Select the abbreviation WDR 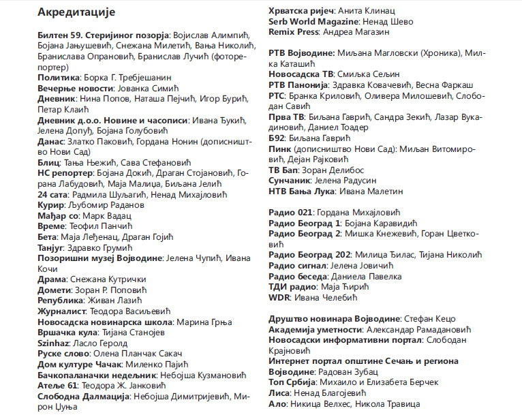(279, 297)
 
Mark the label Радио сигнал (298, 264)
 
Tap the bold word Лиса (280, 393)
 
